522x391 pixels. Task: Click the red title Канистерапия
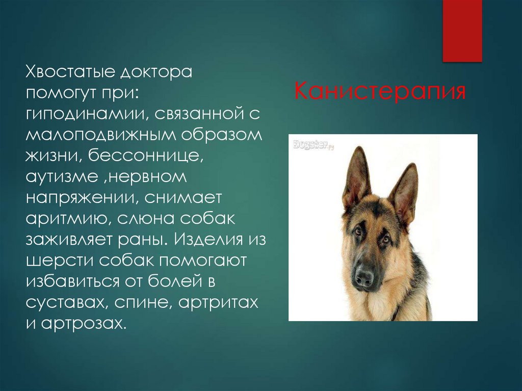(x=380, y=92)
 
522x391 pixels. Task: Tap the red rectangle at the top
(x=462, y=31)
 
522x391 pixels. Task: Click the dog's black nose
(x=364, y=277)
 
